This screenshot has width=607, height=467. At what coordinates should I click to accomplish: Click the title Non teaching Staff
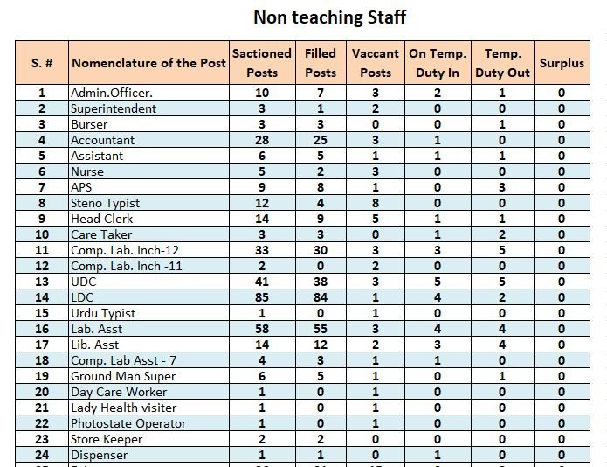(329, 17)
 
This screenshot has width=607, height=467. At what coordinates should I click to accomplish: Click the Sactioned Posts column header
(262, 63)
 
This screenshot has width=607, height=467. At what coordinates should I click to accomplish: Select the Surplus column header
(562, 63)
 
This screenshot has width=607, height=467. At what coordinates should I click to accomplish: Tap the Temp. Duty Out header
(502, 63)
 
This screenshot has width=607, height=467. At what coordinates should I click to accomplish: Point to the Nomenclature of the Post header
(148, 63)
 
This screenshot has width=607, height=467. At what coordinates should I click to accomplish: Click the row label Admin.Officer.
(112, 93)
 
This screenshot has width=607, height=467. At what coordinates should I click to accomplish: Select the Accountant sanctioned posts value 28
(262, 140)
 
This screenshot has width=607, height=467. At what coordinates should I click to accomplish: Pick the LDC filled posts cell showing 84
(321, 297)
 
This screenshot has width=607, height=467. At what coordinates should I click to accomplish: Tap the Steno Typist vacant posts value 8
(376, 203)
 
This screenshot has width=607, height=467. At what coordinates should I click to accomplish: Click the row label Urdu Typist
(103, 313)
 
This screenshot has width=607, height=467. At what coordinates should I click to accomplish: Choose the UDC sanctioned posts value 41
(262, 282)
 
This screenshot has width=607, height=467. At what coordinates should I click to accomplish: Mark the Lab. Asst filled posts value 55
(321, 329)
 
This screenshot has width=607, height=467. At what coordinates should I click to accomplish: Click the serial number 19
(42, 376)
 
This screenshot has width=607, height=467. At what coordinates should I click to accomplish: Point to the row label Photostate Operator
(128, 423)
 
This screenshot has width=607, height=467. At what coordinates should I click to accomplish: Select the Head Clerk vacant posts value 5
(376, 219)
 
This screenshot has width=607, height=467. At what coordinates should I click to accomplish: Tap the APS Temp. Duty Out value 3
(502, 187)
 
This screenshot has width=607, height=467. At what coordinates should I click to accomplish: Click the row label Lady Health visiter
(124, 408)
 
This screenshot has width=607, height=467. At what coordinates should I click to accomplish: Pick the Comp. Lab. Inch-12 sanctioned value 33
(262, 250)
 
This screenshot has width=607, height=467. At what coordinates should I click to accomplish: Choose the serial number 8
(42, 203)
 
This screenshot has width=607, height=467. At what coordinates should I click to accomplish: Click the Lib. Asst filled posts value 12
(321, 345)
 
